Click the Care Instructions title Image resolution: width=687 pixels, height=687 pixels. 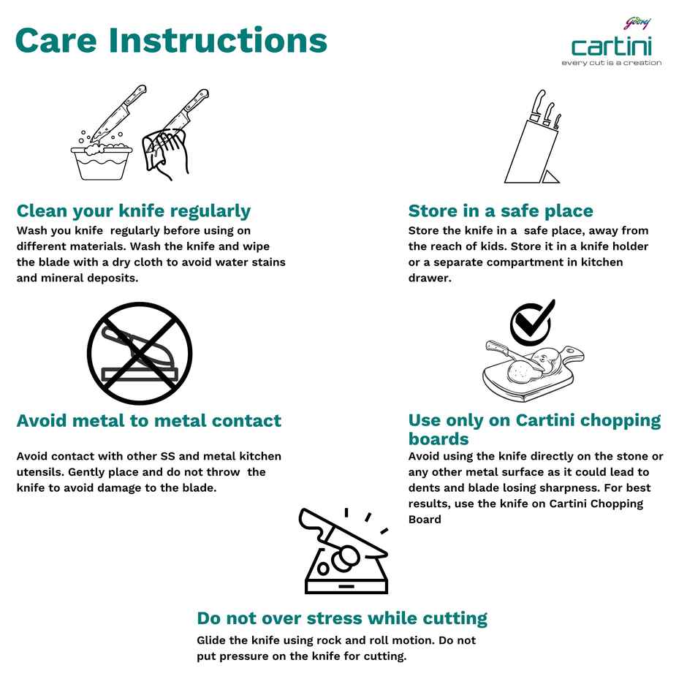click(x=171, y=40)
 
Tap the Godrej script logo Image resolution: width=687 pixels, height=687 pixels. click(x=637, y=23)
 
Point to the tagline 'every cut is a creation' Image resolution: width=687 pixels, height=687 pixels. click(x=612, y=63)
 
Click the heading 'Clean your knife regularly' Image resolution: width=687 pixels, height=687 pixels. click(x=134, y=211)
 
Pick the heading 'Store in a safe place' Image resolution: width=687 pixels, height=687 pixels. click(x=501, y=210)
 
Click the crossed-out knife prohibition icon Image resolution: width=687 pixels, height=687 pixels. click(x=140, y=353)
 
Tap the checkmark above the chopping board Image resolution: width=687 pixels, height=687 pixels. click(x=532, y=322)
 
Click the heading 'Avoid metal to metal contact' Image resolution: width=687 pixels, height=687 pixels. click(x=149, y=421)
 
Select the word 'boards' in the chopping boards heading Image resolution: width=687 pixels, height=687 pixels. click(x=439, y=439)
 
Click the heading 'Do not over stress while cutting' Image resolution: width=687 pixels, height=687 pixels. click(x=342, y=618)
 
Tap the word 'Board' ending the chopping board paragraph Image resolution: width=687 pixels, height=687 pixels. click(x=425, y=519)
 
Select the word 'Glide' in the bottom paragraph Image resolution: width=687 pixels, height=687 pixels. click(x=212, y=640)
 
